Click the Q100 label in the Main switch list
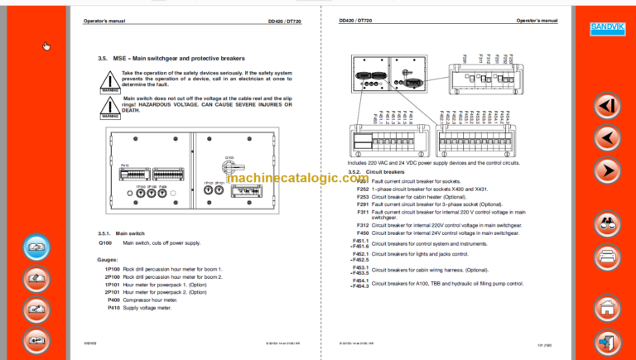[105, 243]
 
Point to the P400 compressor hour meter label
[113, 300]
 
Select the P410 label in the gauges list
[113, 307]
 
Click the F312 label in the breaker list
[363, 225]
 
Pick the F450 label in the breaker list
[363, 233]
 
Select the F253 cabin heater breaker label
[363, 197]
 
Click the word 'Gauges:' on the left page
[108, 259]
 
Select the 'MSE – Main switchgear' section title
[171, 58]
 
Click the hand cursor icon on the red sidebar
[47, 46]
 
